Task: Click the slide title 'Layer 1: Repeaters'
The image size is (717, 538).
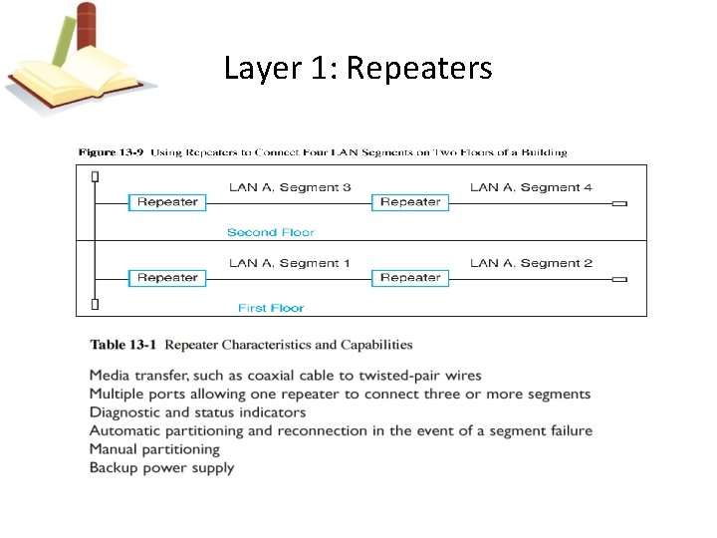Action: pyautogui.click(x=358, y=68)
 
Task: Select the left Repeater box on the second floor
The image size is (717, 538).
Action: pyautogui.click(x=167, y=202)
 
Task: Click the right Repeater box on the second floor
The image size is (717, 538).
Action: pyautogui.click(x=410, y=202)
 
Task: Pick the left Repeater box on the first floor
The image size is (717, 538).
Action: pyautogui.click(x=167, y=278)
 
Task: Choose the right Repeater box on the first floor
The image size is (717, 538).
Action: pyautogui.click(x=410, y=278)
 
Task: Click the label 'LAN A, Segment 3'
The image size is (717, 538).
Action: pyautogui.click(x=290, y=187)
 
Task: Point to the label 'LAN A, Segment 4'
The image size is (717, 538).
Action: pyautogui.click(x=531, y=187)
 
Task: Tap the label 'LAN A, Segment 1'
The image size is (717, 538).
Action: pyautogui.click(x=290, y=263)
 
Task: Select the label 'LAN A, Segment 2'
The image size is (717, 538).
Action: pyautogui.click(x=531, y=263)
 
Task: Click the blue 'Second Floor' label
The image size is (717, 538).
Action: pyautogui.click(x=270, y=232)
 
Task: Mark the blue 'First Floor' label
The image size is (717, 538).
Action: pyautogui.click(x=271, y=308)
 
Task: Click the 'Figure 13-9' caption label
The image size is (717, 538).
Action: pyautogui.click(x=112, y=152)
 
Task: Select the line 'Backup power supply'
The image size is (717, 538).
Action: pyautogui.click(x=161, y=467)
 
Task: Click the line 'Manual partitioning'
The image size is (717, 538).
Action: pyautogui.click(x=154, y=449)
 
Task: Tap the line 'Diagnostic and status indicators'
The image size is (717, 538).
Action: pyautogui.click(x=197, y=412)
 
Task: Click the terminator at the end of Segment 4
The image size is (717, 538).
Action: pyautogui.click(x=619, y=204)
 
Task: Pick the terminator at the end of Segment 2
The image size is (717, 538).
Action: pyautogui.click(x=619, y=280)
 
